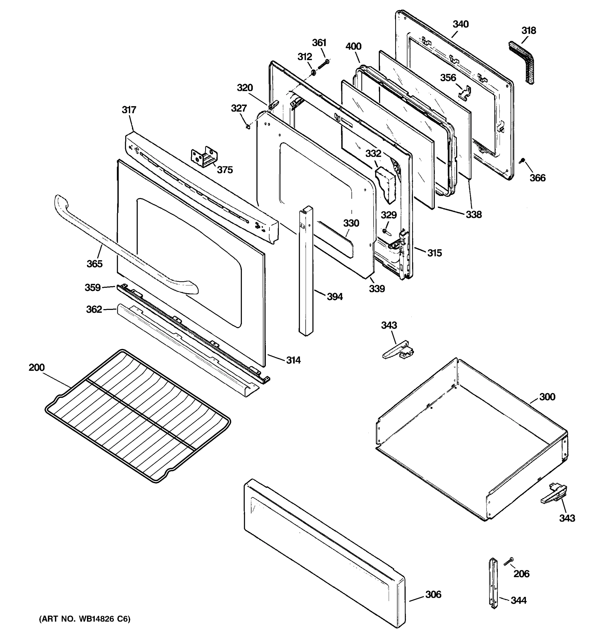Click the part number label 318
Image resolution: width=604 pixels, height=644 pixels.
[529, 30]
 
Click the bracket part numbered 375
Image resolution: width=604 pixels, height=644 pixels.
[204, 157]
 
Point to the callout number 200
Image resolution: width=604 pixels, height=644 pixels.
[37, 367]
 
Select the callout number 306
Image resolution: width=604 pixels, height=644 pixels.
[433, 594]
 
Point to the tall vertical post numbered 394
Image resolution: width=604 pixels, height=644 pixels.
[306, 272]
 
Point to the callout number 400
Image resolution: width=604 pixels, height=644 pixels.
[353, 46]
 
